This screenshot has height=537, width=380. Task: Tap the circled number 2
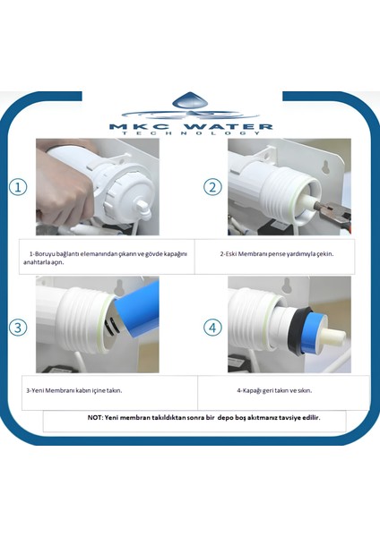212,187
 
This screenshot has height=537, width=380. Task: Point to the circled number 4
212,327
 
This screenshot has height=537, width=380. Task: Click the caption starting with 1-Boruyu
108,259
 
